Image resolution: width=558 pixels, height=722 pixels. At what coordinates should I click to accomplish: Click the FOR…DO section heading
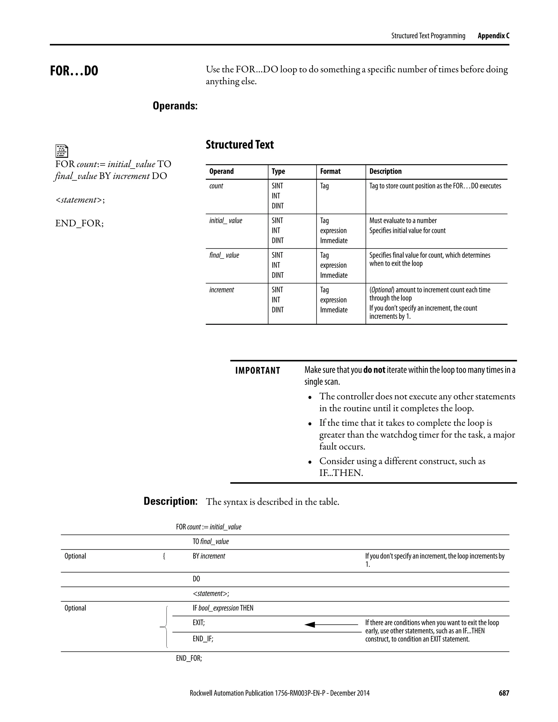tap(74, 71)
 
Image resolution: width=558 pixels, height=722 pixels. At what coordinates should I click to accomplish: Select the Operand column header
tap(221, 171)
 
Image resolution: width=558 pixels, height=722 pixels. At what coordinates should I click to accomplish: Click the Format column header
tap(330, 171)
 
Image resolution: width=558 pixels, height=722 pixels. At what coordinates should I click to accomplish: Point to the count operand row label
tap(216, 186)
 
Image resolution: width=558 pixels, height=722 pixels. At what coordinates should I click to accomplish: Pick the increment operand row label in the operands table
tap(221, 290)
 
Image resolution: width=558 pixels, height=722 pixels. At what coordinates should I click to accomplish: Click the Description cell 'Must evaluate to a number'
tap(403, 220)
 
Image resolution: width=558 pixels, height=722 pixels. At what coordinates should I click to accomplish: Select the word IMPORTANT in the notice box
tap(257, 371)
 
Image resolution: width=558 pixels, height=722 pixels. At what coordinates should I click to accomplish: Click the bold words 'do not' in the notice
tap(374, 370)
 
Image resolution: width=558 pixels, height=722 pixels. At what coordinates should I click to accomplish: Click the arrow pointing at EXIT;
tap(330, 624)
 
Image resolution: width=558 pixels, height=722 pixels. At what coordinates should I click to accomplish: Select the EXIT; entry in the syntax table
tap(199, 623)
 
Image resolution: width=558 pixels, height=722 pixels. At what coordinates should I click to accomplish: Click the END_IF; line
tap(203, 639)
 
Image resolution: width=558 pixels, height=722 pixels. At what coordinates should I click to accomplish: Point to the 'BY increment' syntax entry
tap(209, 556)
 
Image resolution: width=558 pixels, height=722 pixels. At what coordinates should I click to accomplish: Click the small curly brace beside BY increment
tap(164, 556)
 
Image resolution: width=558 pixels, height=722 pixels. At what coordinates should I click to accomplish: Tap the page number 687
tap(504, 693)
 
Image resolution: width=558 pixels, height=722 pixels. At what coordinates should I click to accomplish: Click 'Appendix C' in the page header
tap(493, 36)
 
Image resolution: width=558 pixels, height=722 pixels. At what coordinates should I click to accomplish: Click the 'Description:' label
tap(170, 501)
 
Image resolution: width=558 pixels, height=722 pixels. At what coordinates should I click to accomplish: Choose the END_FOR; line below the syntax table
tap(189, 658)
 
